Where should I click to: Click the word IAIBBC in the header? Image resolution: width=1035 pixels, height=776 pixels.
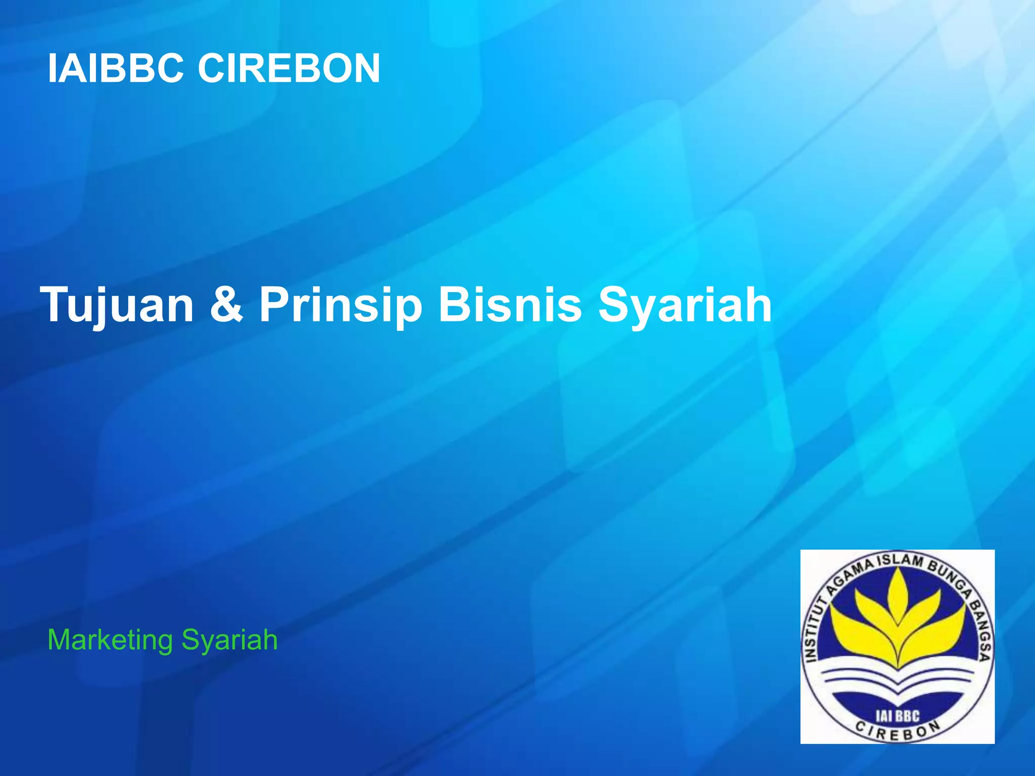[115, 69]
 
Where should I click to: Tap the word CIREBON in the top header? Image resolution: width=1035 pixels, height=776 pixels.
[289, 69]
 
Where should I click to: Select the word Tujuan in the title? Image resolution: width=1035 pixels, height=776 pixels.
[118, 305]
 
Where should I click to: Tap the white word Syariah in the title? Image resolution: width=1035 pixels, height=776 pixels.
[685, 305]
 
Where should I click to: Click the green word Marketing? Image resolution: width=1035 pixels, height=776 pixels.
[110, 641]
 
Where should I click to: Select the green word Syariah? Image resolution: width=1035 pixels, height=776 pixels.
[229, 640]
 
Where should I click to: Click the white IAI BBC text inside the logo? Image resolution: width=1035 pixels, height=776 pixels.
[898, 716]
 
